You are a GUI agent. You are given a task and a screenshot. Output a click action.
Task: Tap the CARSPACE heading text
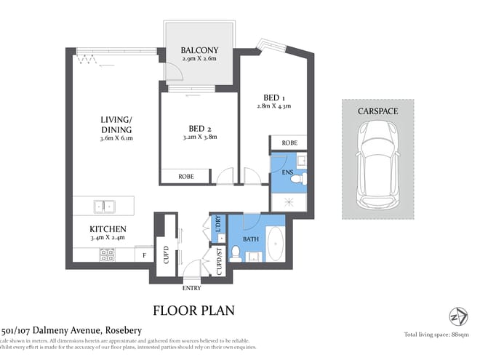[377, 111]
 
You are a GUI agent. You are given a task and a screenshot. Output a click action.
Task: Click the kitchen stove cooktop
[106, 255]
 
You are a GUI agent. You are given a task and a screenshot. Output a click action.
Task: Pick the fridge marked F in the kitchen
[144, 255]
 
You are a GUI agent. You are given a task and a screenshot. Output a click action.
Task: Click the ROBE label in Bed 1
[289, 143]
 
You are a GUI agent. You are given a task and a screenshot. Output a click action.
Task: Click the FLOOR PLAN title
[193, 311]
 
